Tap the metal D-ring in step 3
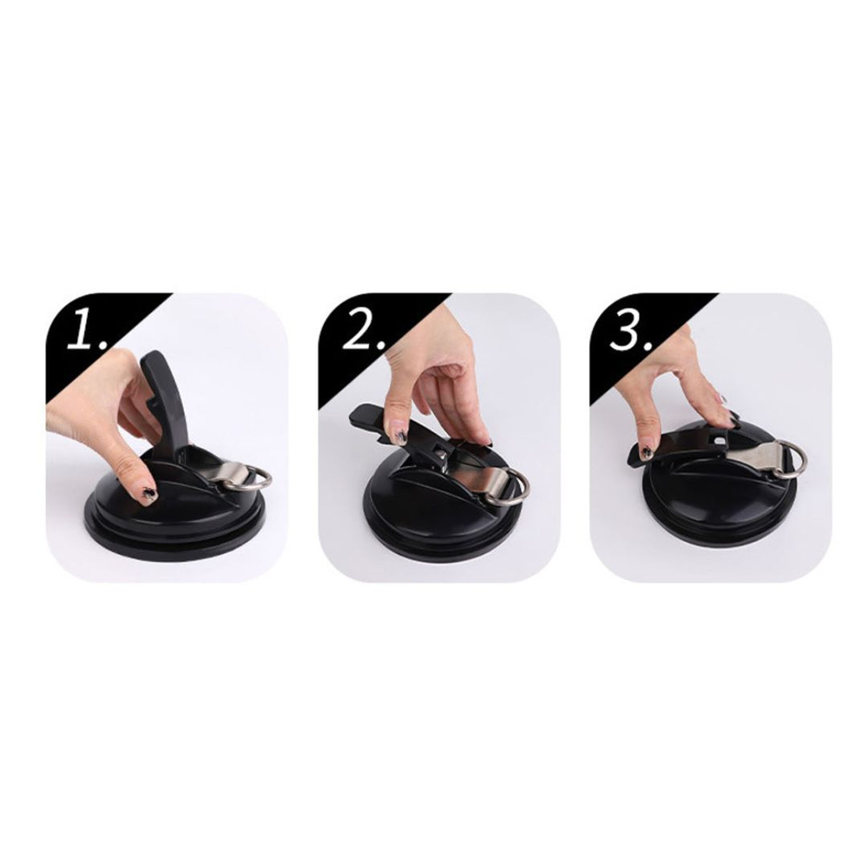coord(792,459)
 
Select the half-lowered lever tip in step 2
coord(363,415)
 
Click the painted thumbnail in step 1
coord(148,495)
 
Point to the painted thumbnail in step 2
coord(401,431)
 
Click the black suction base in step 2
coord(443,529)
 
